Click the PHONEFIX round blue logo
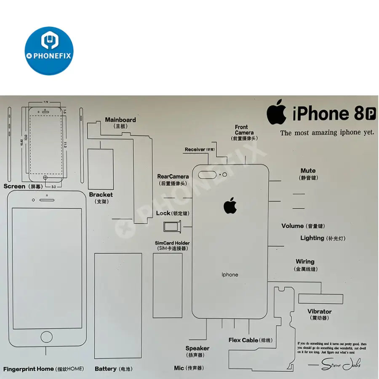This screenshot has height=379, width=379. click(49, 51)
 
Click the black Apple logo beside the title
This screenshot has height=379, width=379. click(276, 112)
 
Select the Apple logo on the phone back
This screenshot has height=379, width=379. click(230, 206)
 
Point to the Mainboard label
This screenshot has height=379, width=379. click(120, 120)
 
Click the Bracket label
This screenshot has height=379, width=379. click(101, 195)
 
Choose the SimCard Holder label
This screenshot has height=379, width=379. click(172, 243)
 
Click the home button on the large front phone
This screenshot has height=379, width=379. click(46, 336)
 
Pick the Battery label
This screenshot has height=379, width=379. click(106, 369)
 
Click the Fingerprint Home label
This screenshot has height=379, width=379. click(29, 369)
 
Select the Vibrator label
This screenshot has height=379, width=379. click(319, 312)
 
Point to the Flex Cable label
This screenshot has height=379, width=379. click(243, 340)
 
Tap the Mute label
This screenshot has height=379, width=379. click(308, 171)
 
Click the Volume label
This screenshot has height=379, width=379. click(293, 226)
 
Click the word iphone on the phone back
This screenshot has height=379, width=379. click(230, 275)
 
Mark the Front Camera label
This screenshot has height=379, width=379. click(242, 130)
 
